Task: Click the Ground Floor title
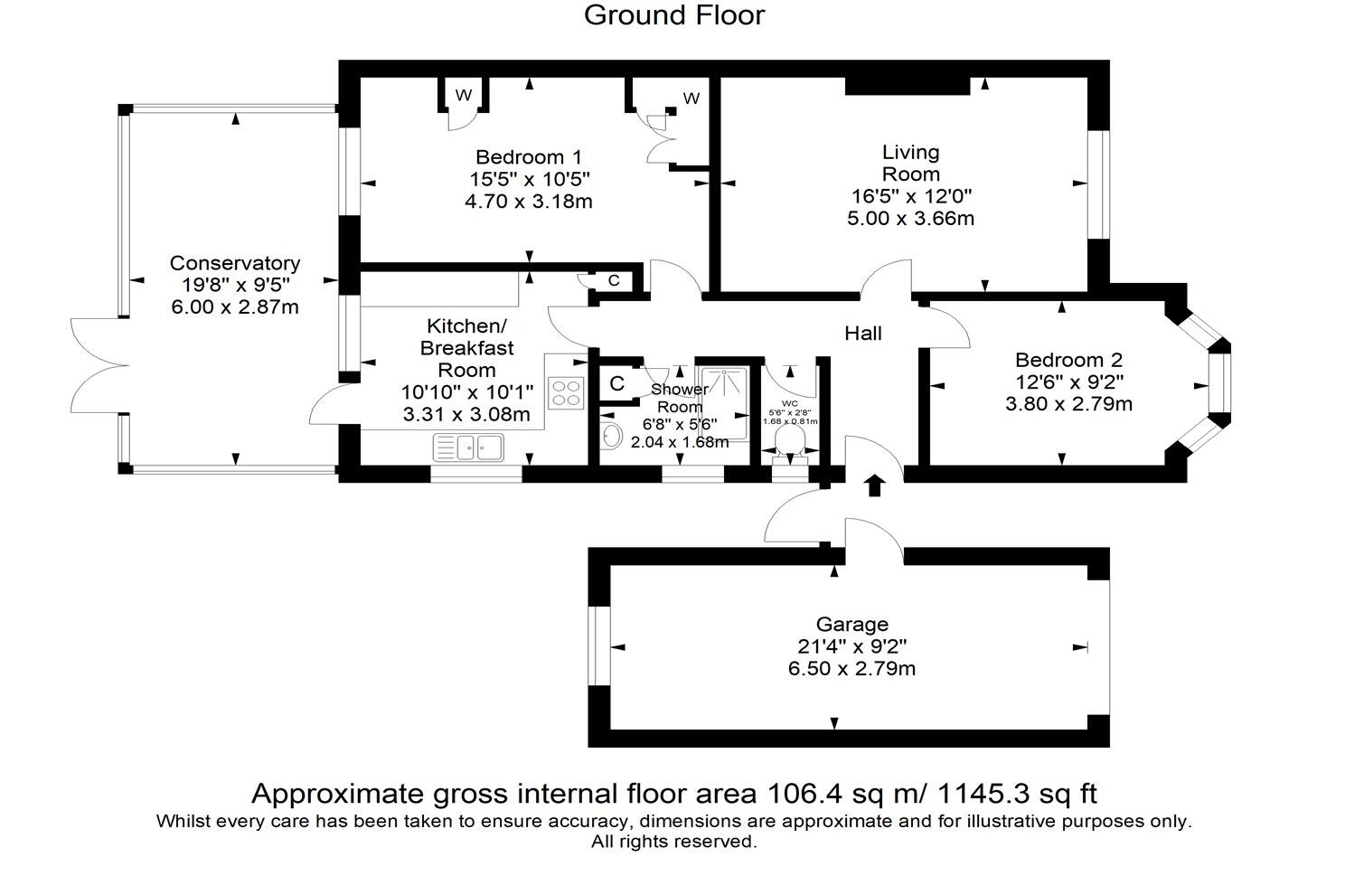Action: (674, 15)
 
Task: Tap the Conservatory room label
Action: (235, 263)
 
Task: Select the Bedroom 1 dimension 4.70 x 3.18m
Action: (529, 201)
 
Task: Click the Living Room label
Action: (910, 164)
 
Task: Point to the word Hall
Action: (863, 334)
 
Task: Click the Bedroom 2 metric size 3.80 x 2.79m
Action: (1068, 403)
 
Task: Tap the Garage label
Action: (852, 625)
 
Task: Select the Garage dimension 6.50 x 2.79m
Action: (852, 668)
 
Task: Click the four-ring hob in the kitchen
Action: (566, 392)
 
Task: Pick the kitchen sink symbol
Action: (468, 447)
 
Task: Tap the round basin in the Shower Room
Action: (611, 436)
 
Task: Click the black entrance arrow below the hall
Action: (874, 485)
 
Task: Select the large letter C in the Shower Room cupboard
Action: (616, 383)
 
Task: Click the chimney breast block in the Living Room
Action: (908, 86)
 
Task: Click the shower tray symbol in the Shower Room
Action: (724, 402)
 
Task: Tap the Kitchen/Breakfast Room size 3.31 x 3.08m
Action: (466, 414)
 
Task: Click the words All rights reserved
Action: (673, 841)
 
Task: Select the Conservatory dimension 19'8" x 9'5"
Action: (235, 285)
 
